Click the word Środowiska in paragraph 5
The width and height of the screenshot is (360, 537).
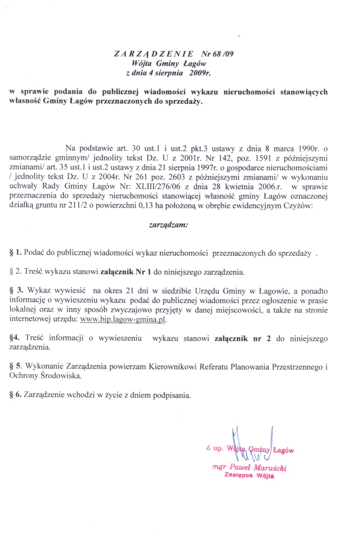pyautogui.click(x=60, y=375)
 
